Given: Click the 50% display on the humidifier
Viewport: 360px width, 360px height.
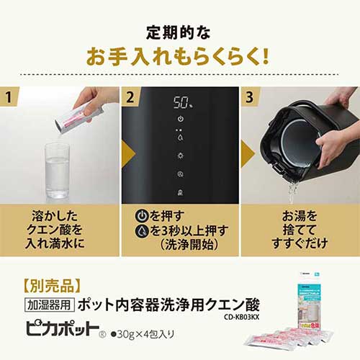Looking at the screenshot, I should coord(180,102).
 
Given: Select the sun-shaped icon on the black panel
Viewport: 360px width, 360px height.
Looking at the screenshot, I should coord(180,155).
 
